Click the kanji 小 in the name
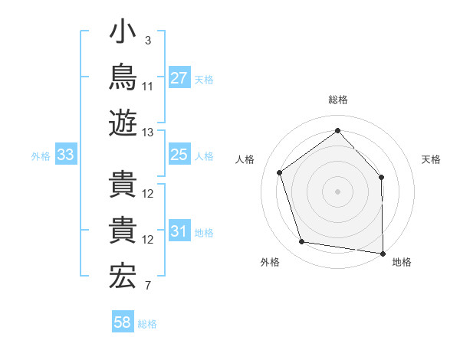coord(123,31)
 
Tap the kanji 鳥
coord(123,77)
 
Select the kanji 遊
coord(123,123)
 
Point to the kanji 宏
coord(123,276)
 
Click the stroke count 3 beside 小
coord(148,41)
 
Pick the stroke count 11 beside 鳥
coord(147,87)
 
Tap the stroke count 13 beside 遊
coord(147,133)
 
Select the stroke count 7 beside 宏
coord(148,286)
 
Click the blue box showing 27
coord(179,77)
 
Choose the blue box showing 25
coord(179,154)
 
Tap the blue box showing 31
coord(179,230)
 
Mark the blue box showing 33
coord(66,154)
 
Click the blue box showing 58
coord(123,321)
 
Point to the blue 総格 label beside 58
coord(147,324)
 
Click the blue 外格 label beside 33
coord(41,156)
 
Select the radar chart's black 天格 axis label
coord(431,159)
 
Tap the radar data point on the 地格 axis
coord(383,254)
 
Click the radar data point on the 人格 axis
coord(279,172)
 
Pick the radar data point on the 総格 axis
coord(337,130)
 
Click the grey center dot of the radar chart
coord(337,191)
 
